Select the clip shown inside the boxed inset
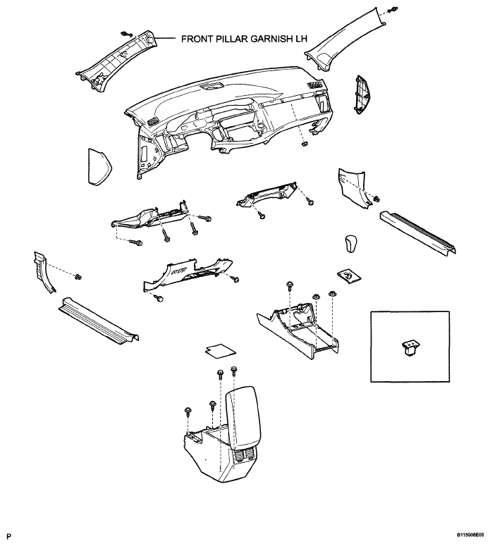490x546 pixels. (x=410, y=348)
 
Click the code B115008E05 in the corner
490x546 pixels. (x=470, y=534)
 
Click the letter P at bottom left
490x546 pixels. (x=9, y=536)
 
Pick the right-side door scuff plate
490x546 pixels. (x=418, y=232)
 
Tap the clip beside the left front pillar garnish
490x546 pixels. (x=125, y=34)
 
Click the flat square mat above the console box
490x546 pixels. (x=220, y=351)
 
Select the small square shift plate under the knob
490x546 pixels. (x=349, y=275)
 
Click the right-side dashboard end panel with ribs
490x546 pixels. (x=363, y=94)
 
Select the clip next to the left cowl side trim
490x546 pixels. (x=78, y=277)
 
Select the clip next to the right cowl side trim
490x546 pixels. (x=376, y=199)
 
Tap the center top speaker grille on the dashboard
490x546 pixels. (x=212, y=87)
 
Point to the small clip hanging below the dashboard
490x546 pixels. (x=305, y=144)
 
